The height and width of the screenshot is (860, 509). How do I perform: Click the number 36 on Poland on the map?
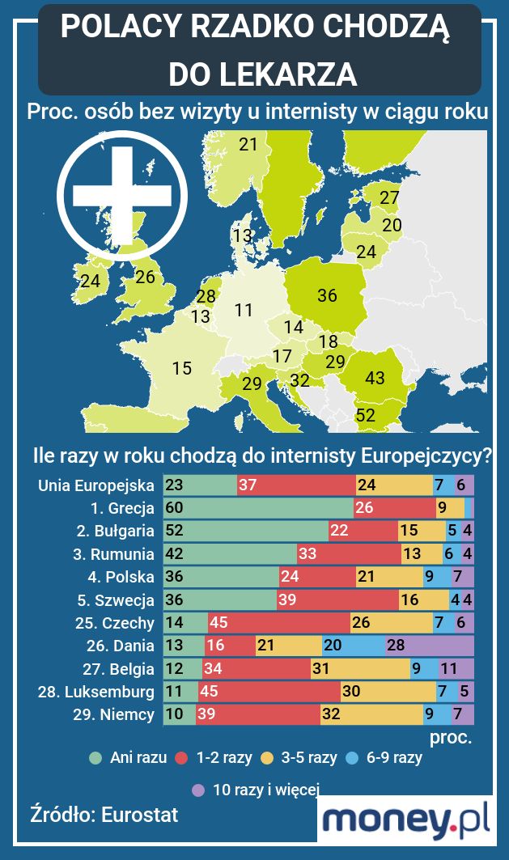pos(327,295)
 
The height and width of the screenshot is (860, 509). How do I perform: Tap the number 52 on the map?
pos(366,416)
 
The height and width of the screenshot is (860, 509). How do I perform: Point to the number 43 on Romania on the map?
pos(375,378)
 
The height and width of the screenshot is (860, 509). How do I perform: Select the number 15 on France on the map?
pos(182,368)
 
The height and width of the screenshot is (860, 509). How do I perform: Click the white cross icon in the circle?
pos(122,195)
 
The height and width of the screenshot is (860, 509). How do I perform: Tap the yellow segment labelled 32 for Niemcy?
pos(371,715)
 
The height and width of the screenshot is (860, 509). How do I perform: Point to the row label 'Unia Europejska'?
pos(95,485)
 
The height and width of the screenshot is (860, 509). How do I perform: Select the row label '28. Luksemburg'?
pos(95,693)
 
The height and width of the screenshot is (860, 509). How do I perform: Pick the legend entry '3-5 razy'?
pos(308,758)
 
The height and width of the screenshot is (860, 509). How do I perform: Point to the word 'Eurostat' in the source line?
pos(139,815)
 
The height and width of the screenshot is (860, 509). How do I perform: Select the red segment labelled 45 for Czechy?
pos(278,623)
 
